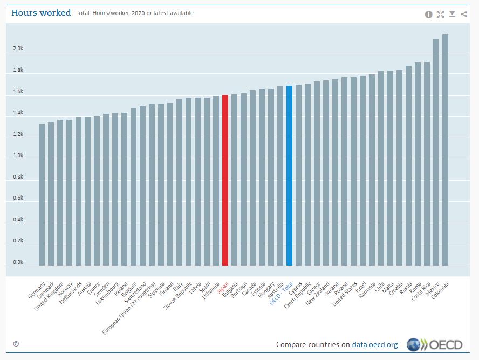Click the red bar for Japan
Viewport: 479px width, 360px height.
pyautogui.click(x=225, y=180)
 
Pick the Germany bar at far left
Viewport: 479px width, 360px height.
pyautogui.click(x=42, y=194)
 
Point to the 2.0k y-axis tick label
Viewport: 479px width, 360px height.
pyautogui.click(x=18, y=49)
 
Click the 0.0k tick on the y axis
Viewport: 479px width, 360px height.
pyautogui.click(x=18, y=262)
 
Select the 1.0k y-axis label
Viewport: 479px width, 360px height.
pyautogui.click(x=18, y=155)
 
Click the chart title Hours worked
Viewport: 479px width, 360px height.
pyautogui.click(x=41, y=13)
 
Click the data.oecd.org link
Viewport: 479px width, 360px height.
pyautogui.click(x=375, y=344)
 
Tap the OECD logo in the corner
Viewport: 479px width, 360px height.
pyautogui.click(x=435, y=344)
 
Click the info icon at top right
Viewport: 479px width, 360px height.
pyautogui.click(x=429, y=15)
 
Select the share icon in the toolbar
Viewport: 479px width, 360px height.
pyautogui.click(x=464, y=15)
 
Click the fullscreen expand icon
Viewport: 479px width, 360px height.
pyautogui.click(x=441, y=15)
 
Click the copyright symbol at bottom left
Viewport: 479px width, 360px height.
pyautogui.click(x=16, y=344)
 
